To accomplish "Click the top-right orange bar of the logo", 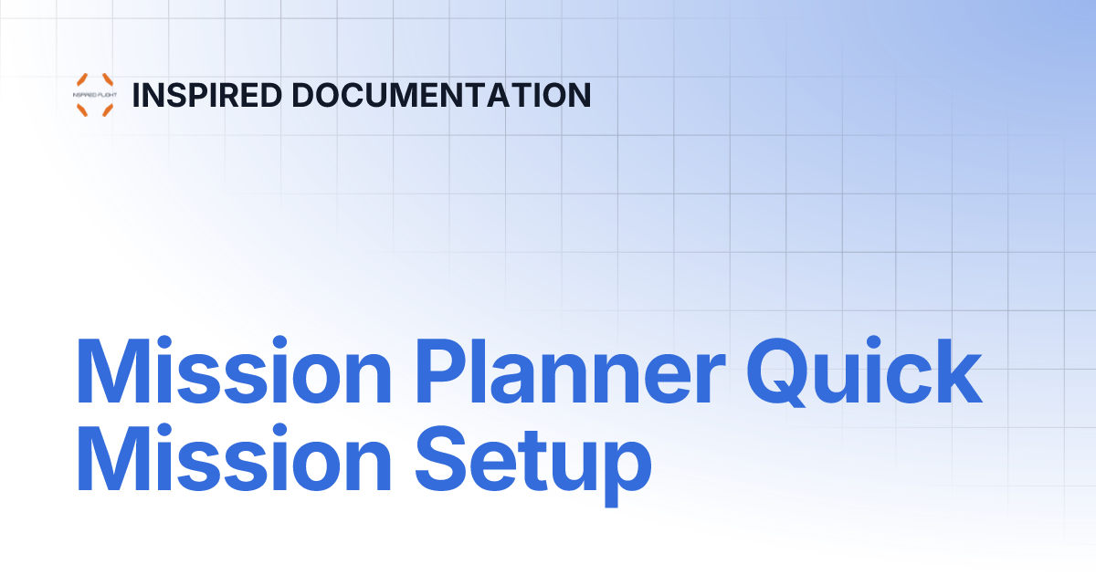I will pyautogui.click(x=107, y=79).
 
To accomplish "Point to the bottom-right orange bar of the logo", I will pyautogui.click(x=107, y=110).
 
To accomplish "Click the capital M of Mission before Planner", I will pyautogui.click(x=106, y=375).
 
